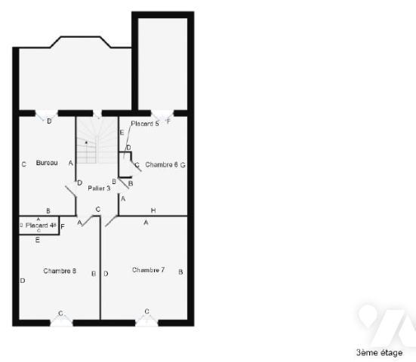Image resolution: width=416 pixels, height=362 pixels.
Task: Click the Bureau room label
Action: (x=47, y=163)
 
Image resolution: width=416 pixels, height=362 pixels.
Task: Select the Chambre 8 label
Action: (x=60, y=271)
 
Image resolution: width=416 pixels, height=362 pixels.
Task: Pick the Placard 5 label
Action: (x=145, y=123)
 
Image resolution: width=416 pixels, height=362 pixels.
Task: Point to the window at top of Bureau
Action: (x=49, y=115)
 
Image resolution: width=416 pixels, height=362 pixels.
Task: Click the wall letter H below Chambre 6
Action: (x=153, y=210)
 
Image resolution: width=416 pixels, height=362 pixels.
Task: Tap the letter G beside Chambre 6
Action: (x=183, y=164)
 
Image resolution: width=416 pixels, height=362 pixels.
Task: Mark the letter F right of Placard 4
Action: (x=63, y=225)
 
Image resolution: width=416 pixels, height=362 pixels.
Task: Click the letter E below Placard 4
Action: (x=38, y=240)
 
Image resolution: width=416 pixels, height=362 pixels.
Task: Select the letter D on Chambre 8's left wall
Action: (x=23, y=281)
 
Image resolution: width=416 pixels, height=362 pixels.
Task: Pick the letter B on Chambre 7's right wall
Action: (x=180, y=271)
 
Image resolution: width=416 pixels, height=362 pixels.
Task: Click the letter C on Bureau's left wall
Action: (x=24, y=164)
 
